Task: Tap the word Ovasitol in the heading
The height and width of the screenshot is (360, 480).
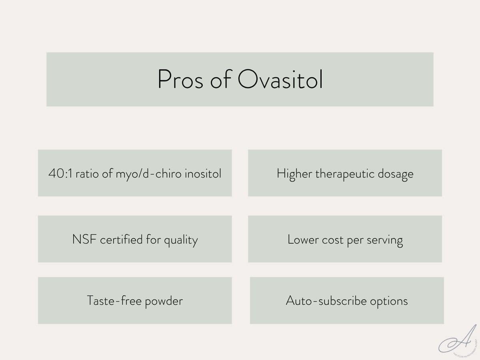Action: point(280,79)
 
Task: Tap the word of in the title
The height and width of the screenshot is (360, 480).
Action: point(220,79)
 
